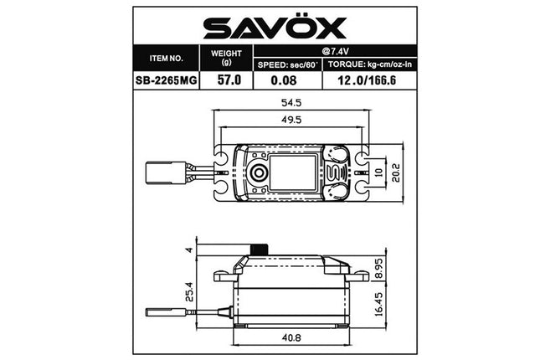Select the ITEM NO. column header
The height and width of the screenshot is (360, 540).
[x=166, y=59]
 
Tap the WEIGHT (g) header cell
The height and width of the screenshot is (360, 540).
[x=224, y=59]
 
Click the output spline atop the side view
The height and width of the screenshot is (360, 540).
[x=260, y=249]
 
